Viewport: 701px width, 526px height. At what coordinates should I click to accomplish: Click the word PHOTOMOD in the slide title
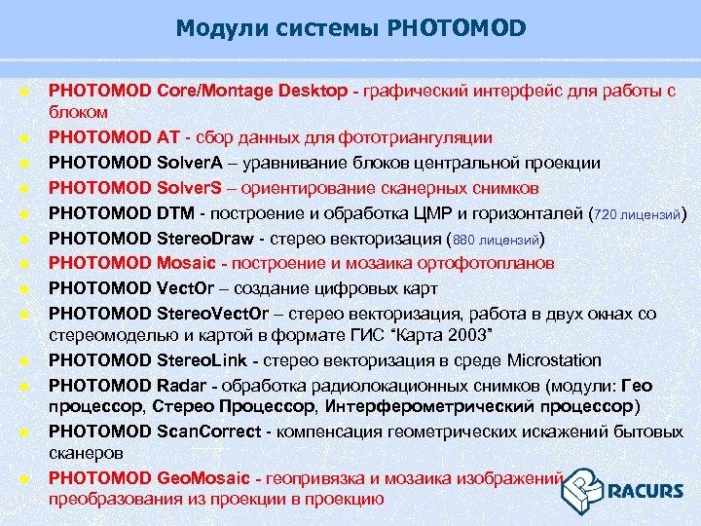457,29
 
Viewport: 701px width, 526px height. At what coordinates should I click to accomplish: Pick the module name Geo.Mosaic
204,477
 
